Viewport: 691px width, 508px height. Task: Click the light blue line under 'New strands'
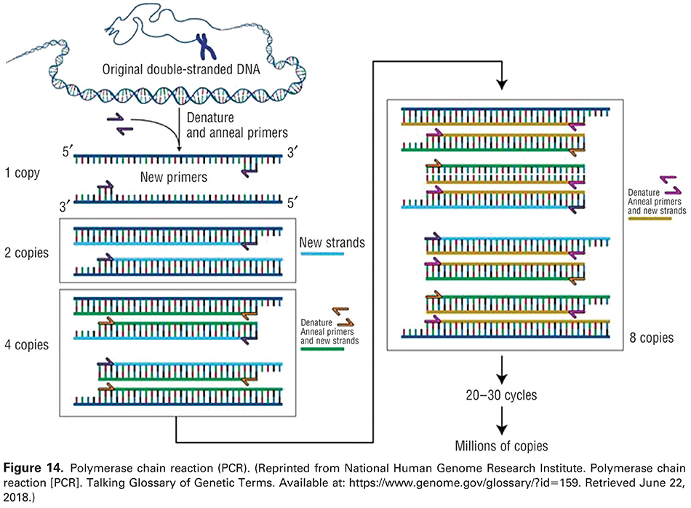(x=321, y=254)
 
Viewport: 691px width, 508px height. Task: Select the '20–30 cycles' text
(x=501, y=396)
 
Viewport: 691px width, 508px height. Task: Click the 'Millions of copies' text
(x=501, y=445)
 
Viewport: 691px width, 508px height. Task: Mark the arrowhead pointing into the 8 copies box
(x=501, y=85)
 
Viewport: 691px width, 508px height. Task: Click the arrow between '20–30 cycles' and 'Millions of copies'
(x=501, y=420)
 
